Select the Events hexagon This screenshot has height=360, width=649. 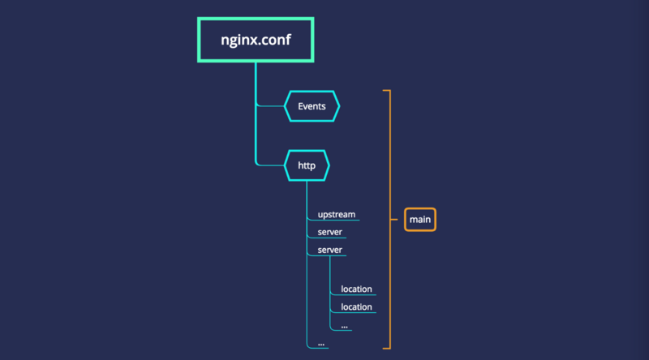pyautogui.click(x=312, y=106)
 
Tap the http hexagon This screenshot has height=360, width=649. pyautogui.click(x=307, y=165)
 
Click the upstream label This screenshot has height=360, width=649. pyautogui.click(x=336, y=215)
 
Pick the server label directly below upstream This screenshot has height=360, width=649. pyautogui.click(x=329, y=233)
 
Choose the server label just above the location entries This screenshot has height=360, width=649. pyautogui.click(x=329, y=250)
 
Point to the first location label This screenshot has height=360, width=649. pyautogui.click(x=356, y=289)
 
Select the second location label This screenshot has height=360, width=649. pyautogui.click(x=356, y=307)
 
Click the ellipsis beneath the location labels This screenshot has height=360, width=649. pyautogui.click(x=345, y=325)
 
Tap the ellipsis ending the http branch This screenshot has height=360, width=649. pyautogui.click(x=321, y=344)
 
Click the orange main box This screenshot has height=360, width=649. pyautogui.click(x=419, y=219)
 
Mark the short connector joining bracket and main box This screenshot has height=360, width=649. pyautogui.click(x=398, y=219)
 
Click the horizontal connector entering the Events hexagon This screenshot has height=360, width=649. pyautogui.click(x=273, y=106)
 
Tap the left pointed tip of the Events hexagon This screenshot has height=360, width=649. pyautogui.click(x=286, y=106)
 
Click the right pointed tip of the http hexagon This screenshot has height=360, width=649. pyautogui.click(x=329, y=165)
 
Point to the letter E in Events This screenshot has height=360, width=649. pyautogui.click(x=300, y=106)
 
